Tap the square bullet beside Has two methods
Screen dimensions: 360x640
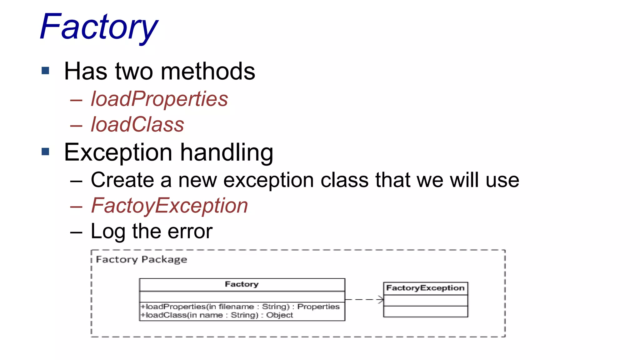coord(46,71)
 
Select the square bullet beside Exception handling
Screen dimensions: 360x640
coord(46,152)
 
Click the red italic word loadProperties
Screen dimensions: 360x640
coord(159,99)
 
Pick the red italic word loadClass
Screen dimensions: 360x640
coord(137,125)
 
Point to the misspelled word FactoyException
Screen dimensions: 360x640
coord(169,206)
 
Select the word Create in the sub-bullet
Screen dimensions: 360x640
coord(122,180)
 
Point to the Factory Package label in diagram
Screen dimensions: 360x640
coord(142,260)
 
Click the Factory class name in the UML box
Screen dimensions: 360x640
coord(242,284)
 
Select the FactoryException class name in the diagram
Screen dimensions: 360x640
coord(425,288)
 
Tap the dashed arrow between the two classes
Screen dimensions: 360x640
coord(364,300)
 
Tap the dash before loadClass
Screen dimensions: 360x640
coord(76,126)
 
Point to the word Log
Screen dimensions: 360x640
coord(108,232)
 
